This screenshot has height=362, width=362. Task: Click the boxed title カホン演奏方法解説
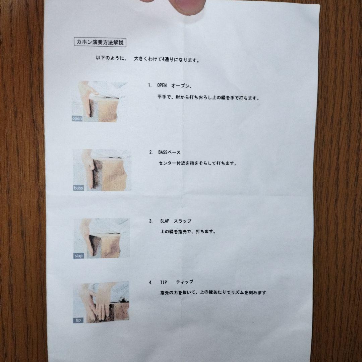[x=100, y=42]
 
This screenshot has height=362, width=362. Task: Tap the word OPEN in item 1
[x=162, y=85]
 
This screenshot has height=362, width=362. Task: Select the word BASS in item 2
[x=163, y=152]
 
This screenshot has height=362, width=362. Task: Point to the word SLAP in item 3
[x=165, y=221]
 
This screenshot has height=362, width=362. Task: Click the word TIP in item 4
[x=164, y=282]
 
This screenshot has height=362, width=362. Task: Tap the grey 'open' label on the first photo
[x=77, y=118]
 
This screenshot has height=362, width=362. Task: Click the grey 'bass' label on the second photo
[x=78, y=188]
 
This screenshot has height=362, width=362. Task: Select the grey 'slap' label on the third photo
[x=78, y=256]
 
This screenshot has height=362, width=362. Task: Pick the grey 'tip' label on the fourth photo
[x=78, y=320]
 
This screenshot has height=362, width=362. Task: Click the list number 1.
[x=150, y=85]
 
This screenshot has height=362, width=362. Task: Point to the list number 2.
[x=151, y=152]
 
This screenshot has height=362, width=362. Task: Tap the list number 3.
[x=151, y=221]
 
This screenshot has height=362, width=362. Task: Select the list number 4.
[x=151, y=282]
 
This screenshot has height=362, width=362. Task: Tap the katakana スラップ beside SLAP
[x=183, y=221]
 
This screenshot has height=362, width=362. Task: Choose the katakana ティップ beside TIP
[x=185, y=282]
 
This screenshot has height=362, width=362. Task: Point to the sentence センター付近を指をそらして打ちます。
[x=198, y=163]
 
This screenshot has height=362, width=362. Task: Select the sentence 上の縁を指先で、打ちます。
[x=188, y=231]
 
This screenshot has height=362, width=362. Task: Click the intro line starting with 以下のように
[x=148, y=59]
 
